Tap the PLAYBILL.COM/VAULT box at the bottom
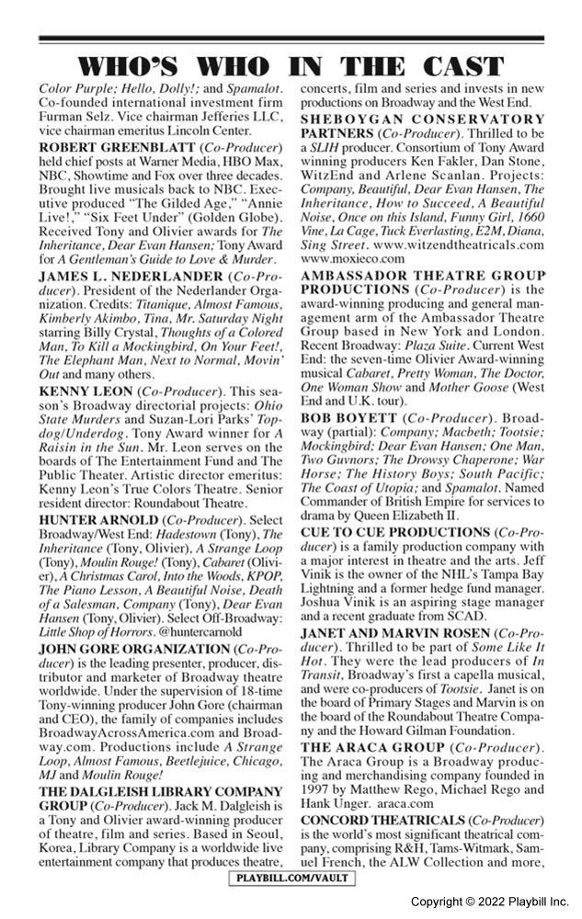291,879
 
